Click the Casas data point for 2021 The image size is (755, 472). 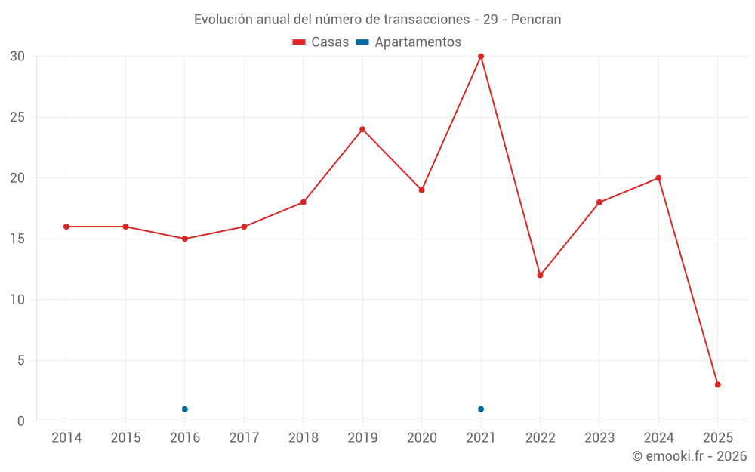[481, 57]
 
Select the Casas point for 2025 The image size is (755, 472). [717, 384]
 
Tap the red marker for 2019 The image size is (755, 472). [362, 129]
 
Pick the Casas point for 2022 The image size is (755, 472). [540, 275]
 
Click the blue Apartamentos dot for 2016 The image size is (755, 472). [185, 409]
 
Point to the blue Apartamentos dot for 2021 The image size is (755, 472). [481, 409]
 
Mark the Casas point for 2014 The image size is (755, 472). [66, 227]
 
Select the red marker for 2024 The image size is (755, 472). [658, 178]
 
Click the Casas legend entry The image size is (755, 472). [321, 42]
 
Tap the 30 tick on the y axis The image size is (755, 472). [17, 57]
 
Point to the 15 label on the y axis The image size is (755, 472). [17, 239]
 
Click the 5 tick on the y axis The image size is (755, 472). [21, 360]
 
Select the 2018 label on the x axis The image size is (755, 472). [303, 438]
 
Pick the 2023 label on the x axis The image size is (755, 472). [599, 438]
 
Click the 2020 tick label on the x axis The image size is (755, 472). [421, 438]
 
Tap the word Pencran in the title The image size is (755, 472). [536, 20]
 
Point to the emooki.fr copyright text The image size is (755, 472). [689, 456]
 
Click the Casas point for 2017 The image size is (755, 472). [244, 227]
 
